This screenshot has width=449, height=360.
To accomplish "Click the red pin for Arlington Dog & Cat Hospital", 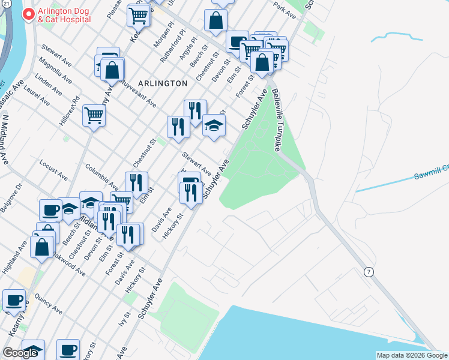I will (x=28, y=14).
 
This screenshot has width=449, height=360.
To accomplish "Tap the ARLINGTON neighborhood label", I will (x=162, y=83).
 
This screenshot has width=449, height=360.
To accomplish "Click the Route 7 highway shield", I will (x=369, y=272).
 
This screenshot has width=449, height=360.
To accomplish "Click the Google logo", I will (x=20, y=353).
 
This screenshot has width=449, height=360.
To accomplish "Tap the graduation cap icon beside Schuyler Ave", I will (x=214, y=126).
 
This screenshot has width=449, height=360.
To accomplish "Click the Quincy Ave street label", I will (x=49, y=303).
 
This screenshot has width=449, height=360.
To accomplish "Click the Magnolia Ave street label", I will (x=53, y=70).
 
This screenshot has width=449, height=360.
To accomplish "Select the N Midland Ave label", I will (x=5, y=140).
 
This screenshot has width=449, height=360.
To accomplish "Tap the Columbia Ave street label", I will (x=101, y=175).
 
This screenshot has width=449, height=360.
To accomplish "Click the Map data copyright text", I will (x=412, y=355).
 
